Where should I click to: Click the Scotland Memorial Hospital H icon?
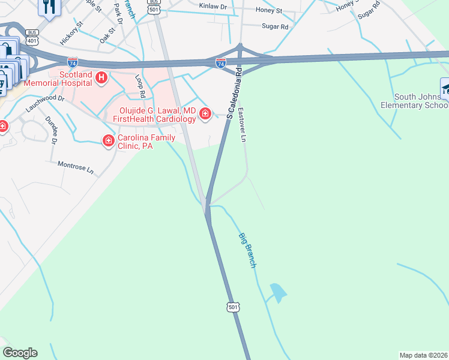pos(101,77)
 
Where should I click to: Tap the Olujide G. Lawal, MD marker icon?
pos(205,113)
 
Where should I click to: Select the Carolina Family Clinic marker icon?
pos(109,141)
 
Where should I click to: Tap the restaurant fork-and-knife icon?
pos(47,7)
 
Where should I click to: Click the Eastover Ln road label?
pos(243,125)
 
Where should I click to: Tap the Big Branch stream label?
pos(247,250)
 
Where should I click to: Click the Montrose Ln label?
pos(76,167)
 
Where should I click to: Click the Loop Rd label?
pos(140,86)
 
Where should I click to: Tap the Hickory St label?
pos(71,34)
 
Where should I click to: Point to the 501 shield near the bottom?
pos(234,307)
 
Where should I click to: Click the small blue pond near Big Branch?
pos(277,293)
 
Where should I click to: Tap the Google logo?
pos(20,353)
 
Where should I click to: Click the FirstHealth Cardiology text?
pos(154,119)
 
